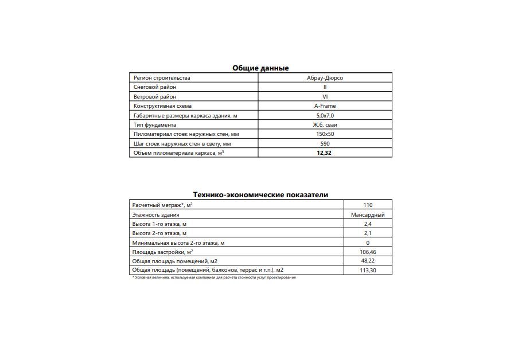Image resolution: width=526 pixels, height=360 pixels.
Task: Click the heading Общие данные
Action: pos(260,68)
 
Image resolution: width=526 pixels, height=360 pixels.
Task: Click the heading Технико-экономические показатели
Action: pos(260,194)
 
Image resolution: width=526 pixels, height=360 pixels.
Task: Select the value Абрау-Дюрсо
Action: pos(325,78)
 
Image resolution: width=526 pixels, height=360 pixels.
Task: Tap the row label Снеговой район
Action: pos(155,87)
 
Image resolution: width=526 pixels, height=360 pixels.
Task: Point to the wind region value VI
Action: pos(325,97)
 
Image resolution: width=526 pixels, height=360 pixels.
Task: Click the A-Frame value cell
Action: pos(325,106)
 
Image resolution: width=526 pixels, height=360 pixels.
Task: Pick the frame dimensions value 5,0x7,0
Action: pos(325,115)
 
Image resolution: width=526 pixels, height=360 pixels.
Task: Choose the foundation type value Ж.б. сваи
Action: pos(325,125)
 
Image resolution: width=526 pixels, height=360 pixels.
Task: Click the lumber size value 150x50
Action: pos(325,134)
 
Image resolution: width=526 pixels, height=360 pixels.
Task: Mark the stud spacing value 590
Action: pos(325,144)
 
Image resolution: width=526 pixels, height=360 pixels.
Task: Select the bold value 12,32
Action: pos(324,153)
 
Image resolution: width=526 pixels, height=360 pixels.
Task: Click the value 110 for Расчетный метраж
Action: pos(368,205)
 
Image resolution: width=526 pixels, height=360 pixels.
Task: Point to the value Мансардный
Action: pos(368,214)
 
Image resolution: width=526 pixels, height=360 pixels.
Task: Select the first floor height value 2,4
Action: pos(368,224)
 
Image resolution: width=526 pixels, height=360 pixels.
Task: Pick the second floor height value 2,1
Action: pos(368,233)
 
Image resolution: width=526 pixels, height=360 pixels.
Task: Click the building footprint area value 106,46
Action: pos(368,252)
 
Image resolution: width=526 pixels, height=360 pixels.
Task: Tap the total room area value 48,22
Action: pos(368,261)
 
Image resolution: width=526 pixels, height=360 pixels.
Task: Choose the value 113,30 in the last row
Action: pos(368,270)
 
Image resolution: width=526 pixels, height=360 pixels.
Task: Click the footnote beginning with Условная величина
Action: pos(214,277)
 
